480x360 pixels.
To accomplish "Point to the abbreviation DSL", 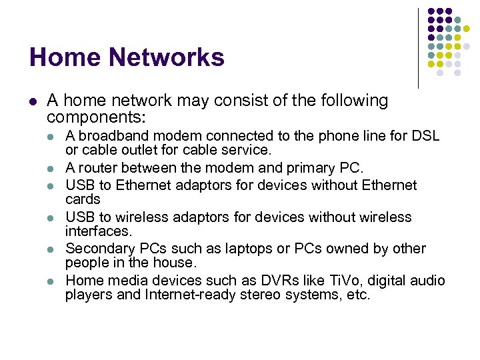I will (x=425, y=136).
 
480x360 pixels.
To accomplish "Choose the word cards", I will (x=83, y=199).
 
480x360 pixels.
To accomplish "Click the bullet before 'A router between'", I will (x=51, y=168).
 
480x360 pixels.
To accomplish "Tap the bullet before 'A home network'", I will (x=33, y=102).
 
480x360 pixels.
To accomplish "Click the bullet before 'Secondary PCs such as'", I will (x=51, y=249).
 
